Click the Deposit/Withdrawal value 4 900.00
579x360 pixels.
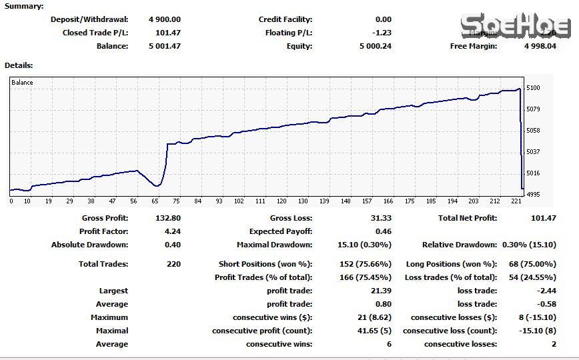point(165,19)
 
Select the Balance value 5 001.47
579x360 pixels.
point(165,46)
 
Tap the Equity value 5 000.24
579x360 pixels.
point(376,46)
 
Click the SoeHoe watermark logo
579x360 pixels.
point(515,27)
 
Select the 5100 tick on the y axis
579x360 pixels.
point(533,88)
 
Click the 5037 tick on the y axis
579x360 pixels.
point(533,152)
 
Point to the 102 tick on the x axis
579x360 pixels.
point(239,201)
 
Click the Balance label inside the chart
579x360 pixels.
point(22,83)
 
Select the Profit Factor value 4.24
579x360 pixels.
point(172,231)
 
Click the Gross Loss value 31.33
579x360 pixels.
point(381,218)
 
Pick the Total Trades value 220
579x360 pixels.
point(173,264)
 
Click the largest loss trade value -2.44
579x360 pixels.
point(546,291)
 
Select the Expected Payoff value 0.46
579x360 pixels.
point(384,231)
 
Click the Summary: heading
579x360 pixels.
point(24,6)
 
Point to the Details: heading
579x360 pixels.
point(19,65)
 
